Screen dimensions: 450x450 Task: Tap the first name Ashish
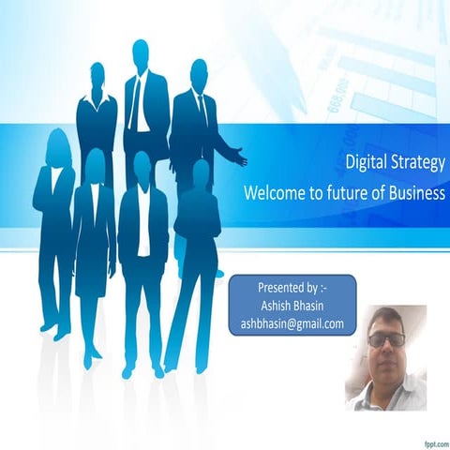click(276, 305)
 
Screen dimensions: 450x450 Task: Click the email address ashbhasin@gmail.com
click(292, 323)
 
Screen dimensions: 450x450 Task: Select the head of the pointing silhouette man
click(198, 72)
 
